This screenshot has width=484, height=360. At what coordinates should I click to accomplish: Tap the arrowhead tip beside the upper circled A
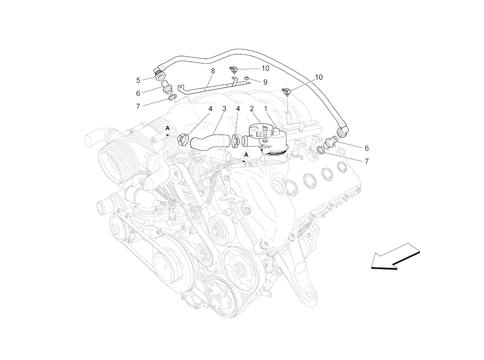[165, 135]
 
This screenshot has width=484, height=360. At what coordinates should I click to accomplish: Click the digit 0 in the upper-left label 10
[267, 68]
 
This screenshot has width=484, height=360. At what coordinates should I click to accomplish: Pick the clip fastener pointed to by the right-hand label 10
[286, 91]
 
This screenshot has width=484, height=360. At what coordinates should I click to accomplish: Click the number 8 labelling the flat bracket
[213, 71]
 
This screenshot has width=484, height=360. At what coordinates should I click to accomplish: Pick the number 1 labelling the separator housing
[266, 108]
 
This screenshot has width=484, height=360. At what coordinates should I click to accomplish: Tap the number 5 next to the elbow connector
[138, 81]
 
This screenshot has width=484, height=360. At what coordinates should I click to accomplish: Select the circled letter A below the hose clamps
[246, 154]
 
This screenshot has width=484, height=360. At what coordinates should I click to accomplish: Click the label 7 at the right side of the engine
[366, 162]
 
